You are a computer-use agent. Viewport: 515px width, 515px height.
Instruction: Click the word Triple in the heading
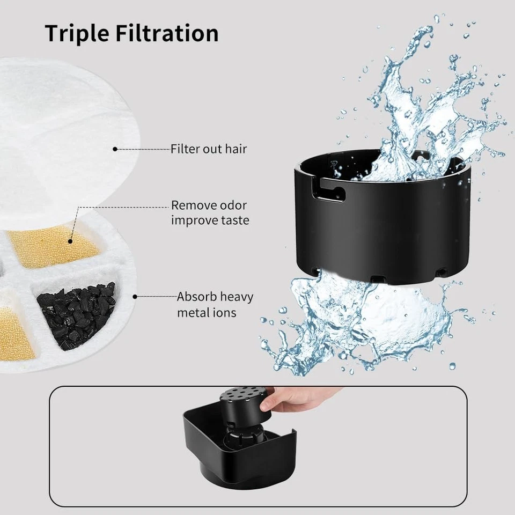tap(75, 33)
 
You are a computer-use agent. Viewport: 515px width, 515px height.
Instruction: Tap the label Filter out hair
tap(209, 149)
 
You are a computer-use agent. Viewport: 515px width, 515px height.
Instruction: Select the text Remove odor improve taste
tap(210, 212)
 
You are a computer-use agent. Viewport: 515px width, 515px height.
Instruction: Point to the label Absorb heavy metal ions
tap(215, 304)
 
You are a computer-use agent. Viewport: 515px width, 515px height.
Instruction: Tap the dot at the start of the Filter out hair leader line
tap(115, 149)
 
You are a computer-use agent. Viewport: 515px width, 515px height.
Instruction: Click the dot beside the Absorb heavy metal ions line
tap(135, 296)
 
